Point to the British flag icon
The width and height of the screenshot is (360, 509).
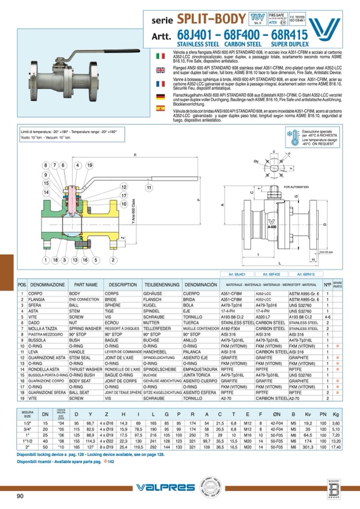click(160, 70)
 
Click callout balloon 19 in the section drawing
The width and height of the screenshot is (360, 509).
click(89, 165)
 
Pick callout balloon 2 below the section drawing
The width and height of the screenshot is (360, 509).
click(113, 260)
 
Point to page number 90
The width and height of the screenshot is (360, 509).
click(20, 496)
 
